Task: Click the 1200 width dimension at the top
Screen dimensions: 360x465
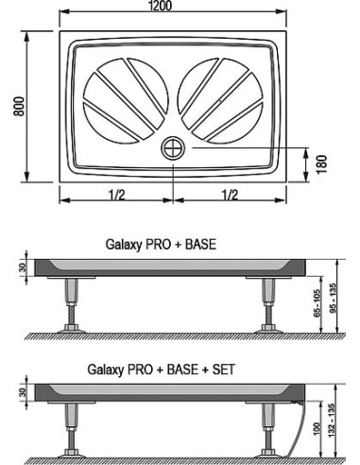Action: coord(161,6)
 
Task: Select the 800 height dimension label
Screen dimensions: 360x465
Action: coord(19,107)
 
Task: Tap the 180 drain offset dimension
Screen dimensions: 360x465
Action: coord(321,164)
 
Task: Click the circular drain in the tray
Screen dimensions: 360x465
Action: coord(173,148)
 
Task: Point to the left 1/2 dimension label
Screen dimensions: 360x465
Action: coord(117,195)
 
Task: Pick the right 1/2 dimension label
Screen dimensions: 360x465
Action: coord(230,195)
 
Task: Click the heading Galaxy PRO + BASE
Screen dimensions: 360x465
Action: coord(161,245)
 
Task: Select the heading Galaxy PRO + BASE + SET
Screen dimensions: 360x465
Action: coord(161,370)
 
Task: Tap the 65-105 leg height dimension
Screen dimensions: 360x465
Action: coord(317,303)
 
